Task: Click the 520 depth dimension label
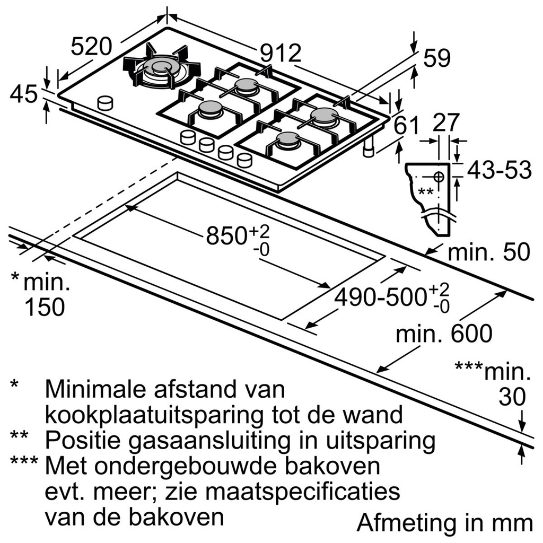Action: tap(91, 47)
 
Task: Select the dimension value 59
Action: tap(436, 59)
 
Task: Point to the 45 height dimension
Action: tap(23, 95)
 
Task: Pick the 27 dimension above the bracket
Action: tap(445, 122)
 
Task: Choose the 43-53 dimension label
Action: tap(499, 170)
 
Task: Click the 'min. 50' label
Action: tap(488, 252)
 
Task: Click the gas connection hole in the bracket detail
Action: tap(440, 175)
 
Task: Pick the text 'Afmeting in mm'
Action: tap(444, 522)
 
